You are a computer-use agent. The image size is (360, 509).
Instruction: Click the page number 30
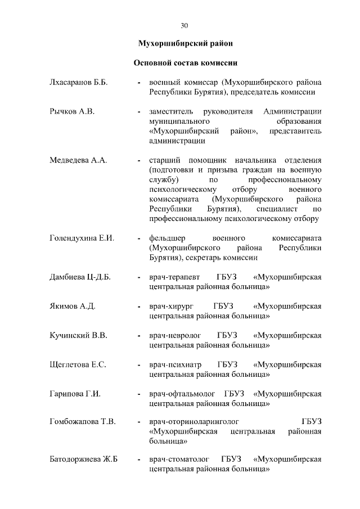(184, 25)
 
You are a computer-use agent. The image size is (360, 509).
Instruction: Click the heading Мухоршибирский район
(185, 43)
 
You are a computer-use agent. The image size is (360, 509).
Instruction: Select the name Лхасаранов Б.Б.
(79, 82)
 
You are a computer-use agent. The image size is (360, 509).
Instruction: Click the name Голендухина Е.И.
(82, 238)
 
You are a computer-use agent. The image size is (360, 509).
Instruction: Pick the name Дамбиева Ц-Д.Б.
(80, 277)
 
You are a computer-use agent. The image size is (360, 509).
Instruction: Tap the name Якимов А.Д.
(73, 307)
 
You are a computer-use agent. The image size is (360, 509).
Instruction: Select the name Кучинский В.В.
(78, 336)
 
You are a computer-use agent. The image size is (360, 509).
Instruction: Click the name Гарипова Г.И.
(75, 394)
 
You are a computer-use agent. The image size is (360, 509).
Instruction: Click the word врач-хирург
(169, 307)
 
